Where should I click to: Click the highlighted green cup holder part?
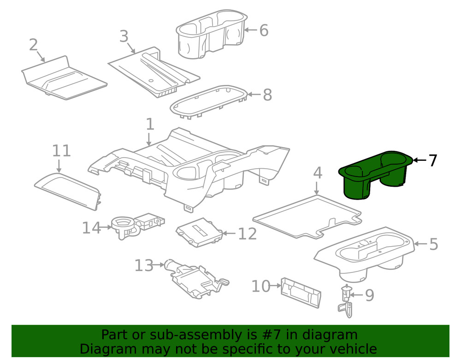(373, 177)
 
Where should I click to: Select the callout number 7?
(432, 161)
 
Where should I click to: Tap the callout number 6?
(263, 31)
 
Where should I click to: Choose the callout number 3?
(124, 36)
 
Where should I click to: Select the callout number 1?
(149, 124)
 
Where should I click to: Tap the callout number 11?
(61, 151)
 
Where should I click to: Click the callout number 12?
(247, 234)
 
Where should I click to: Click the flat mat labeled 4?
(307, 215)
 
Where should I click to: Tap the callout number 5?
(433, 244)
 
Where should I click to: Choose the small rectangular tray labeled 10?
(300, 292)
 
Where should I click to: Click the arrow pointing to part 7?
(419, 160)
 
